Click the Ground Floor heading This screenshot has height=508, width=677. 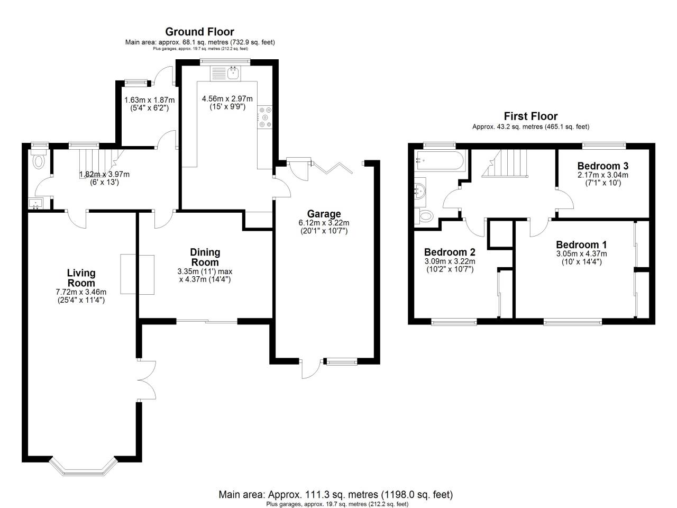(199, 32)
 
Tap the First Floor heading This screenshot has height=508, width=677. (530, 116)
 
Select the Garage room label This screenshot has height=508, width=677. (324, 214)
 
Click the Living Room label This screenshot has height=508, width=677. (81, 278)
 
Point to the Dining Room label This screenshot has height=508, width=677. (205, 257)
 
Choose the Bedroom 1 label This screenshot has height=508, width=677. (581, 244)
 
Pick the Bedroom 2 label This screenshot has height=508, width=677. (450, 252)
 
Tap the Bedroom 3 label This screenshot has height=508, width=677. (602, 166)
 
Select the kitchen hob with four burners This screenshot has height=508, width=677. (264, 117)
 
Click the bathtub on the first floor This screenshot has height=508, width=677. (440, 160)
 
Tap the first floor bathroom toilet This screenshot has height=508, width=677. (425, 215)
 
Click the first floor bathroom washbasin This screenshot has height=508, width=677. (421, 189)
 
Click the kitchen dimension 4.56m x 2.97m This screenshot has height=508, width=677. (227, 99)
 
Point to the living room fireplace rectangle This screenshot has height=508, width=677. (138, 274)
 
